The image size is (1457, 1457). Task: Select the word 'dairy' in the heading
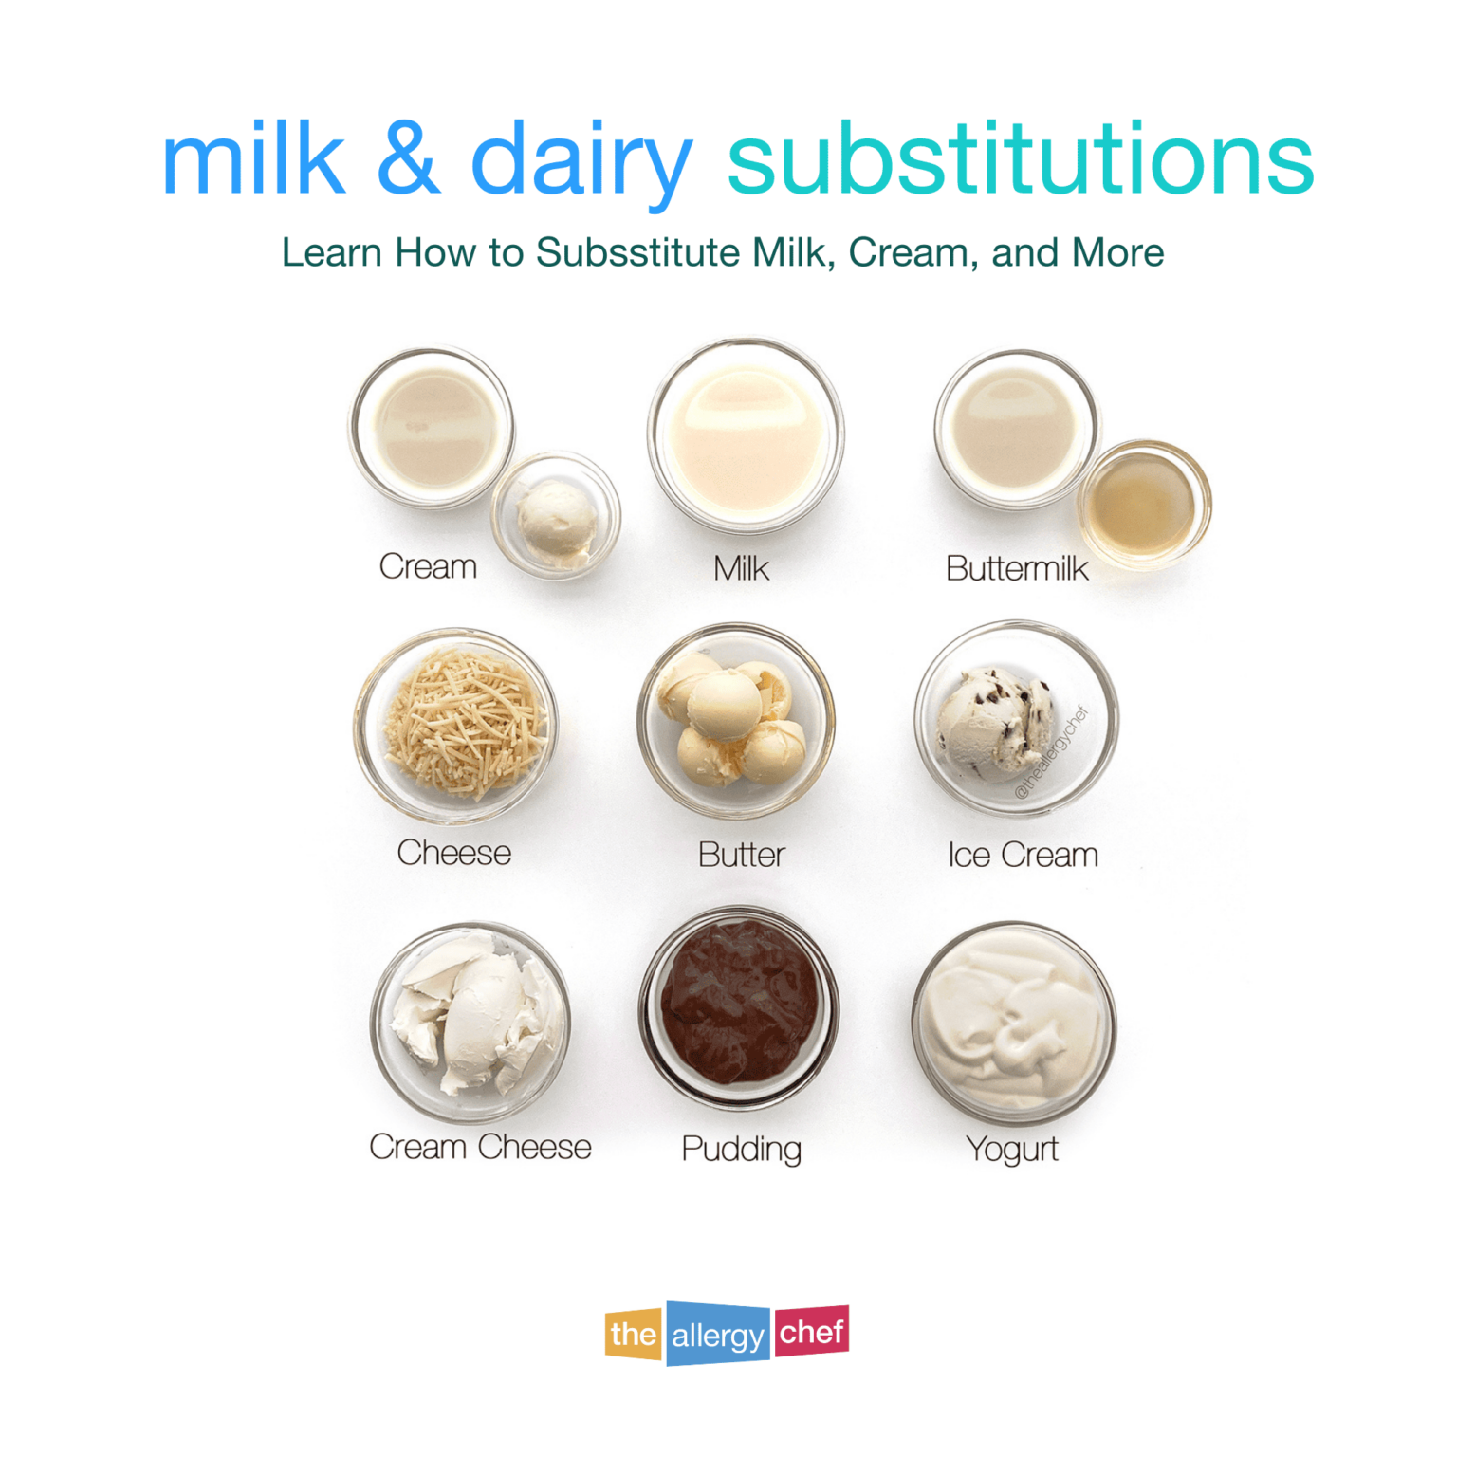(581, 161)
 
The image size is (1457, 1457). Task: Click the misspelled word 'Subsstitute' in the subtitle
(637, 252)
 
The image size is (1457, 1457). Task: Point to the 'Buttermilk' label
(1017, 568)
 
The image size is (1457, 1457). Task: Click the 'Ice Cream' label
(1023, 855)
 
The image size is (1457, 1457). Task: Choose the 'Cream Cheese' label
(480, 1147)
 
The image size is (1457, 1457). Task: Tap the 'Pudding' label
(741, 1149)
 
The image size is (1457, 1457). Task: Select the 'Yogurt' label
(1012, 1149)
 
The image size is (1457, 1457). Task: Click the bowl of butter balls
(736, 721)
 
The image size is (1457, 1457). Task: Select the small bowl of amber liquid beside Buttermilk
(1144, 505)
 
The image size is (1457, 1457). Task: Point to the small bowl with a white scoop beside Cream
(556, 516)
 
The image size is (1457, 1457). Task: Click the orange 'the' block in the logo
(633, 1334)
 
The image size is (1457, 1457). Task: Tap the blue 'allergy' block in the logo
(718, 1335)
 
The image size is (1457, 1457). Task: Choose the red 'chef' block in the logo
(811, 1331)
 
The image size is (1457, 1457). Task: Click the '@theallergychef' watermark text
(1053, 752)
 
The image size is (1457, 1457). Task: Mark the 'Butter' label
(741, 855)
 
